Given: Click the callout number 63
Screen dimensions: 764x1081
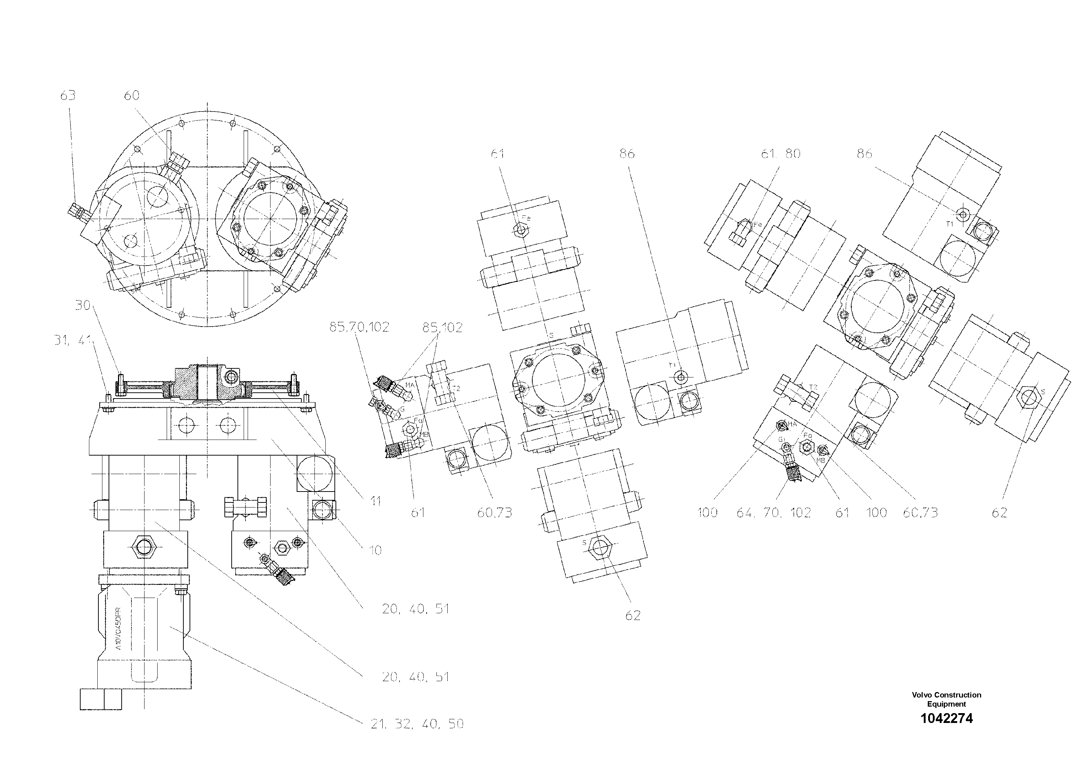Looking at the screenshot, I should coord(68,96).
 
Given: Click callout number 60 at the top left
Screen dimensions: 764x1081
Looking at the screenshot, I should coord(131,95).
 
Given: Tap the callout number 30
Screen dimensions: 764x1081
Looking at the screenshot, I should coord(82,305).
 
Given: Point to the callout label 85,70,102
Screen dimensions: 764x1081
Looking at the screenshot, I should coord(359,327).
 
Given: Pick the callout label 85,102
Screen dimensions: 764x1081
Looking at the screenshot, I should coord(442,327).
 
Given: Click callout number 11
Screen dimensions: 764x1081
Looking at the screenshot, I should coord(375,501).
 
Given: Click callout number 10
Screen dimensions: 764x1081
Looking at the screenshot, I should coord(375,550).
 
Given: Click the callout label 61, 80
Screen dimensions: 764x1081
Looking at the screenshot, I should coord(781,154).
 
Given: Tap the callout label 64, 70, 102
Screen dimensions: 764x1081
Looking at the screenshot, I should coord(773,513).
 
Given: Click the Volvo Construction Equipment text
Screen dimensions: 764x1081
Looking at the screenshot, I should coord(946,699).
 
